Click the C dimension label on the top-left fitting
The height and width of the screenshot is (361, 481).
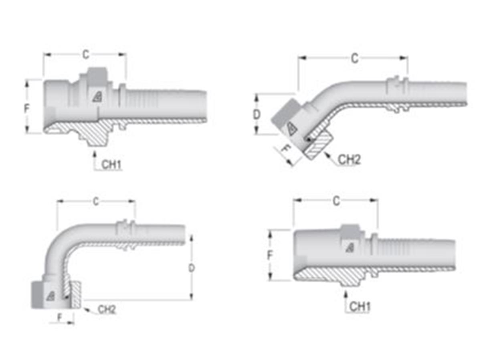pos(86,55)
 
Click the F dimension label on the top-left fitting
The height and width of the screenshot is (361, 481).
pos(27,108)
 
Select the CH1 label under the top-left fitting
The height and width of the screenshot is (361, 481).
pos(112,165)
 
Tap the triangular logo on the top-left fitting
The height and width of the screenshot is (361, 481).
pos(97,97)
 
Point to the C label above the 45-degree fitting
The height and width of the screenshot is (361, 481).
pos(354,59)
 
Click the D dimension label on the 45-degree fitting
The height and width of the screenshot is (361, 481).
pos(257,115)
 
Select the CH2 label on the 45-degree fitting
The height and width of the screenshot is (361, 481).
pos(349,159)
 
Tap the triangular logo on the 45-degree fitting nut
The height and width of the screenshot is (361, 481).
pos(290,128)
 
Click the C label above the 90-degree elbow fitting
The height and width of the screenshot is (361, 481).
pos(96,202)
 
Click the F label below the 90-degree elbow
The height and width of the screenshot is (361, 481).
pos(60,317)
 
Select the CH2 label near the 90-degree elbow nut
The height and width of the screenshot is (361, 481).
pos(107,309)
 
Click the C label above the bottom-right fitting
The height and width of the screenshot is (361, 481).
pos(336,201)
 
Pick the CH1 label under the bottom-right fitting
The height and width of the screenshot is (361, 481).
pos(360,307)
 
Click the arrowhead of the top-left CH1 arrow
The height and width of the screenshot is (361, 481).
pos(94,152)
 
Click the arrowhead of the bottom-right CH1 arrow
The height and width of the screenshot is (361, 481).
pos(346,294)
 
